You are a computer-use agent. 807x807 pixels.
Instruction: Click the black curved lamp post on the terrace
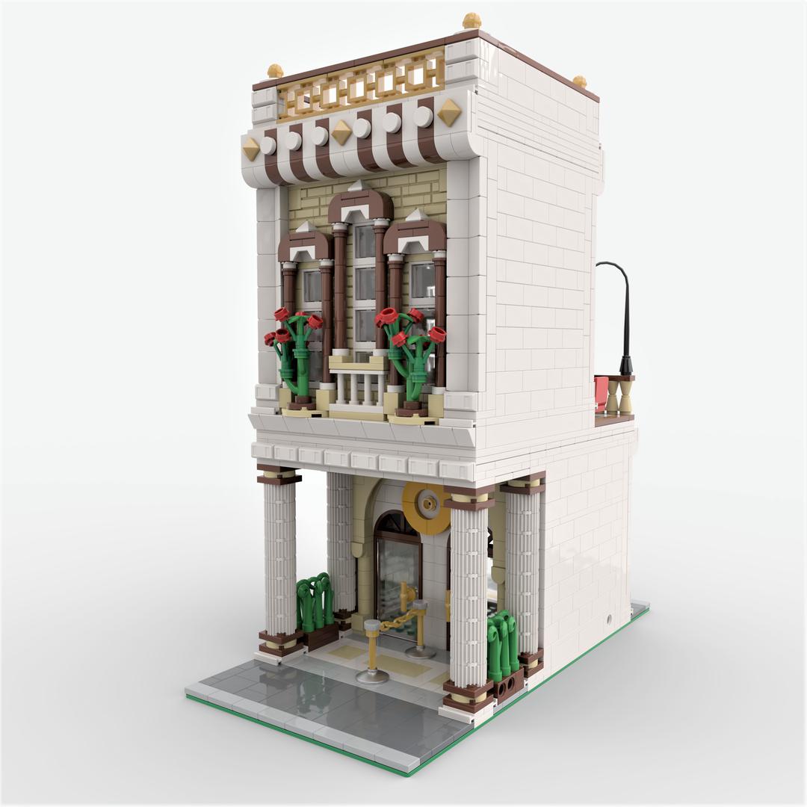click(625, 314)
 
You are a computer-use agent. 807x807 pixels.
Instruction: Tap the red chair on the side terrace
click(602, 394)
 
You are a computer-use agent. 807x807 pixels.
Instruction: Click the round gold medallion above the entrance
click(427, 506)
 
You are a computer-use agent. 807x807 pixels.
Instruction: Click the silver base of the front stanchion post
click(372, 676)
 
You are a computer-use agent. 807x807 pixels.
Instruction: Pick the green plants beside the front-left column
click(315, 602)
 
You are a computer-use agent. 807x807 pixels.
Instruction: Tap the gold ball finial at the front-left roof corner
click(275, 71)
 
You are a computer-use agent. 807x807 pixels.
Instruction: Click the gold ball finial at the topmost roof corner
click(471, 21)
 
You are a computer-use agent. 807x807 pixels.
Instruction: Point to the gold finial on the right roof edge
click(579, 81)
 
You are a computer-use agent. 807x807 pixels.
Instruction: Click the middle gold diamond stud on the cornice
click(341, 132)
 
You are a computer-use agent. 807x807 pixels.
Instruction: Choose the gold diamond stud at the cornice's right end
click(448, 112)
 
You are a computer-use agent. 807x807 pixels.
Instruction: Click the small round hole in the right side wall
click(609, 619)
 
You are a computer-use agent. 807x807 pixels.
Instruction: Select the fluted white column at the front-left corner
click(280, 560)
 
